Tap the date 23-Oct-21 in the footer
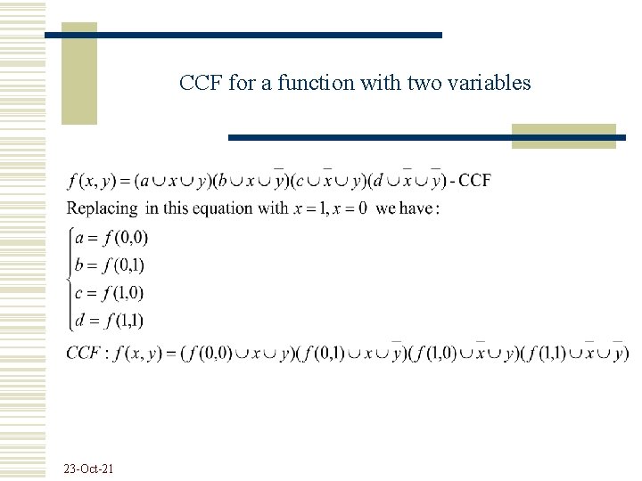[88, 469]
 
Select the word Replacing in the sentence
[103, 208]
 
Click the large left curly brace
[70, 278]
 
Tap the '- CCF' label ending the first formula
[470, 181]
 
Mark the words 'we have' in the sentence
[406, 208]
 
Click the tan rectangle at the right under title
[564, 136]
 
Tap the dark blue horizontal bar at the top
[243, 35]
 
